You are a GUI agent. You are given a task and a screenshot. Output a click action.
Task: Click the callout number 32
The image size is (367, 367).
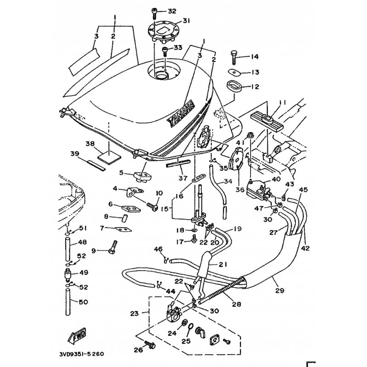pyautogui.click(x=172, y=11)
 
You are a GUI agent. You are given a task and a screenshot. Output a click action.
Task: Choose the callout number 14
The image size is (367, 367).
pyautogui.click(x=254, y=56)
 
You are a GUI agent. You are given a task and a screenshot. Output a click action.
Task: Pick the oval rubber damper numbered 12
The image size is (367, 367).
pyautogui.click(x=233, y=86)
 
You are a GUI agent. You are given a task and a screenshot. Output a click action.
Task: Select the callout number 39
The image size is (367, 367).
pyautogui.click(x=75, y=153)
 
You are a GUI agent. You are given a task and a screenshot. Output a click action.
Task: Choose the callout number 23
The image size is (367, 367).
pyautogui.click(x=134, y=314)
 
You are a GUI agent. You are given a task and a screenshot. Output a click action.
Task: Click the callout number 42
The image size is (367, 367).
pyautogui.click(x=306, y=248)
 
